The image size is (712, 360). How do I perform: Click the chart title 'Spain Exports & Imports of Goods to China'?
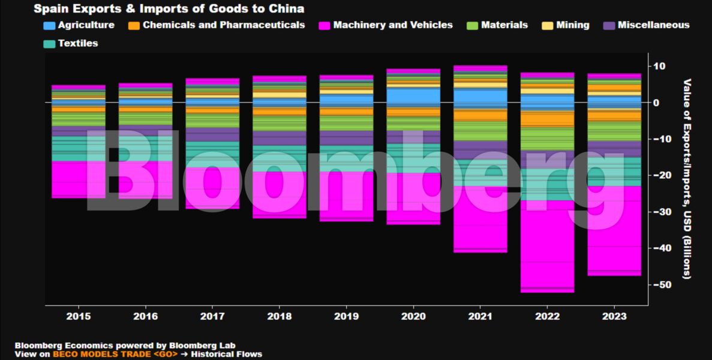point(169,8)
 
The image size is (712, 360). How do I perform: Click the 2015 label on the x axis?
point(79,316)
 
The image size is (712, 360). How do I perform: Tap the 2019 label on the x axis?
point(347,316)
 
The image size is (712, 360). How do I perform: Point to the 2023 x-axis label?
point(614,316)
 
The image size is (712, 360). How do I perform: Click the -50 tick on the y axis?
point(662,284)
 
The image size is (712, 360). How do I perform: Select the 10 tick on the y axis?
point(659,66)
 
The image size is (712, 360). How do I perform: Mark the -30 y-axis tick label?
point(662,212)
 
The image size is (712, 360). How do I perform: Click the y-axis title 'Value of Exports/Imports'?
point(687,178)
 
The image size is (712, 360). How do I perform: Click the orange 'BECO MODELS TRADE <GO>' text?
point(115,354)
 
